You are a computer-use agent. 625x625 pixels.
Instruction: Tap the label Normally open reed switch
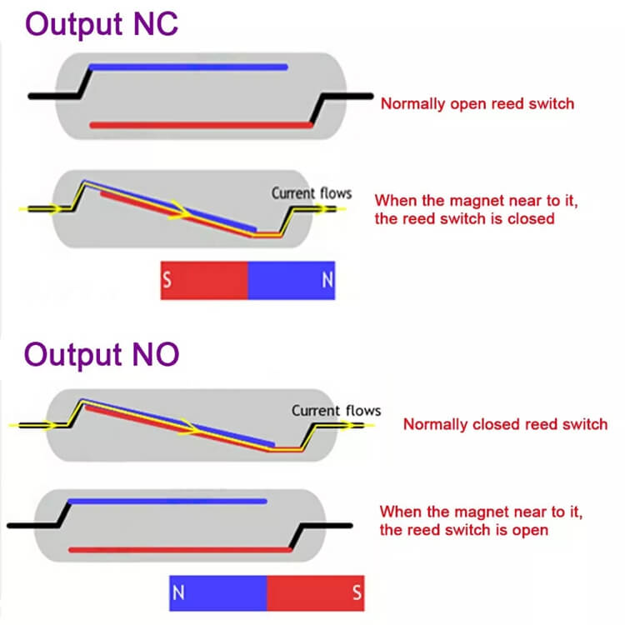click(x=477, y=104)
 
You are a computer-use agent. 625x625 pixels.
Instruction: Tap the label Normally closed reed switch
click(x=505, y=424)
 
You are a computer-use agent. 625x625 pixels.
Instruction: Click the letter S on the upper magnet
click(x=167, y=282)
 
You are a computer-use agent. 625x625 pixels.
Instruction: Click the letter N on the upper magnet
click(x=326, y=282)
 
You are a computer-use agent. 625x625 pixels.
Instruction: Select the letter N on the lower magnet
click(x=177, y=592)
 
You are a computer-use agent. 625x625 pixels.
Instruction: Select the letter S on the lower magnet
click(x=357, y=592)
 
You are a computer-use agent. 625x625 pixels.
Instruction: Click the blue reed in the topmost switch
click(x=187, y=67)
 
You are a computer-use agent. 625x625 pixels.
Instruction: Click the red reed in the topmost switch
click(x=200, y=125)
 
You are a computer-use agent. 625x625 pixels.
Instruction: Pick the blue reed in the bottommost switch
click(x=167, y=502)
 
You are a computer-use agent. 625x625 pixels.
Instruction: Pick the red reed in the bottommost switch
click(x=179, y=550)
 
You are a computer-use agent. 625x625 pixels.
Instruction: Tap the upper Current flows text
click(x=311, y=193)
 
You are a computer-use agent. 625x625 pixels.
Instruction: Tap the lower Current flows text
click(x=336, y=410)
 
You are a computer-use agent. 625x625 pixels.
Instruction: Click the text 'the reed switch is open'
click(x=463, y=530)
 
